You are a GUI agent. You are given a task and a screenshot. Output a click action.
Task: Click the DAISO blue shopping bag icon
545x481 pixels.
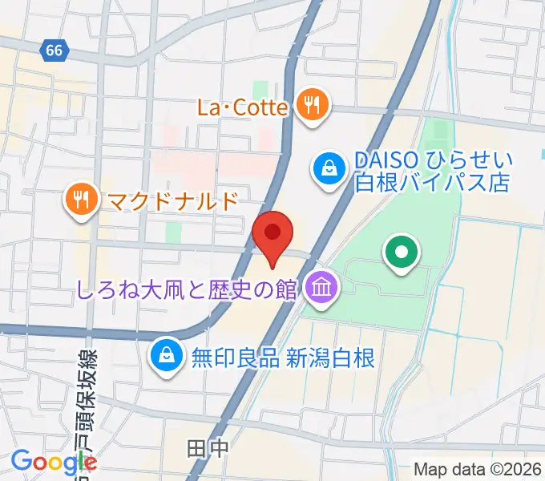[329, 171]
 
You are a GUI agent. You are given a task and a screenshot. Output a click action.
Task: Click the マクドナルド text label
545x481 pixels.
[170, 200]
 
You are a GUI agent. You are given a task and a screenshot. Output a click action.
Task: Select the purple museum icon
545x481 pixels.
[321, 288]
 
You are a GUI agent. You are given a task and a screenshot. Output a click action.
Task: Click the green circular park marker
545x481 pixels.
[402, 253]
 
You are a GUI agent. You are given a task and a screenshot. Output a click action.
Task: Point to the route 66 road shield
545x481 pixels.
[54, 51]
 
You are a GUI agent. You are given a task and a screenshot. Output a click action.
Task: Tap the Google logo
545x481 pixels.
[54, 462]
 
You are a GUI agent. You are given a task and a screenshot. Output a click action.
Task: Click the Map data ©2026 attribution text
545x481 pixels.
[478, 470]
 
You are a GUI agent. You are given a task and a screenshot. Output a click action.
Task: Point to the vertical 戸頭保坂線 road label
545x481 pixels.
[87, 409]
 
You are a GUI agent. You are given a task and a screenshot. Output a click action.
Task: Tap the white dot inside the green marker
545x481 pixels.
[402, 253]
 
